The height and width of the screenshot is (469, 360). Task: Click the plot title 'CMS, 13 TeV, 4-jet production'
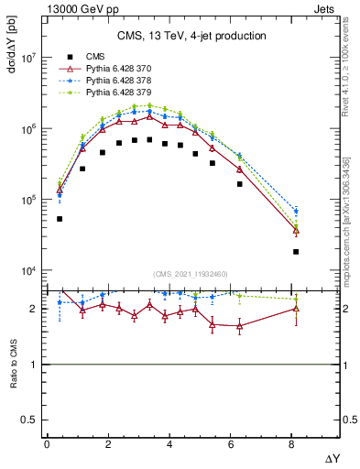(191, 37)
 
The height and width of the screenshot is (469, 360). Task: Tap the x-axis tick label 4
(169, 444)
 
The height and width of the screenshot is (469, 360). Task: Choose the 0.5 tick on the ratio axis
(30, 420)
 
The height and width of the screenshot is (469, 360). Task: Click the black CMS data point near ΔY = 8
(296, 251)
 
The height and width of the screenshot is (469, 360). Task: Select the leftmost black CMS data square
(60, 219)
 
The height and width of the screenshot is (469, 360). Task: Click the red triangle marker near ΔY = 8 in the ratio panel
(296, 309)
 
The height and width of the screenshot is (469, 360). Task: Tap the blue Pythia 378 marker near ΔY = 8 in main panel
(296, 212)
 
